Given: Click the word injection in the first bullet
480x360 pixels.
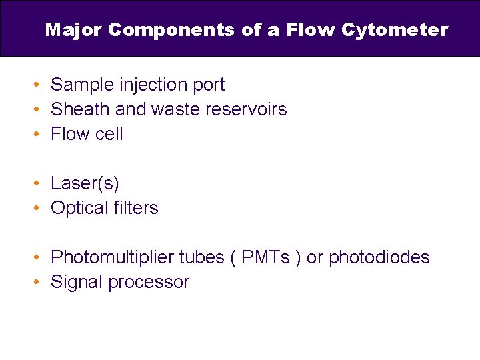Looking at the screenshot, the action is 151,85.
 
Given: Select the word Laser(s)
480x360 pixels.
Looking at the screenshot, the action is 85,183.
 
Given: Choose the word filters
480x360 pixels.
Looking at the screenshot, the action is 136,208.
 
